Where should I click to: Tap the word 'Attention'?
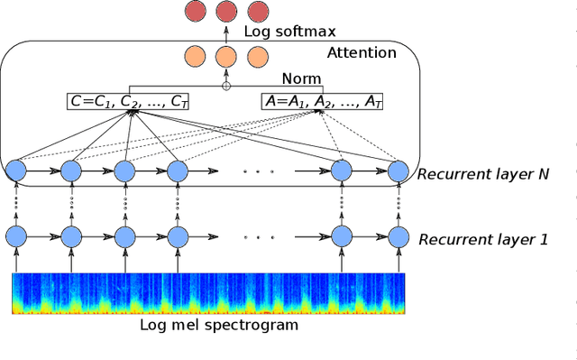361,53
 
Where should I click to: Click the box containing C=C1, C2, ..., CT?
131,101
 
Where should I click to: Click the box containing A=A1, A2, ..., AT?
323,101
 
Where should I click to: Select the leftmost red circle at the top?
194,12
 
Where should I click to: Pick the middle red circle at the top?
226,12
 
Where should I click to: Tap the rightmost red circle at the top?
258,12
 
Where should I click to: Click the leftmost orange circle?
194,55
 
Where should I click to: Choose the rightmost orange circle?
258,55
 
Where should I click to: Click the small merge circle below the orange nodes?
226,87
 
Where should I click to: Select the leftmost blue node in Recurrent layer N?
15,171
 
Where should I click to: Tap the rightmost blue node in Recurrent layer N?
398,171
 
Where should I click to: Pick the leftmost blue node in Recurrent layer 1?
15,237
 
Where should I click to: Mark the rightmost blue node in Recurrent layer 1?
398,237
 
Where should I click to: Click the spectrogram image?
208,293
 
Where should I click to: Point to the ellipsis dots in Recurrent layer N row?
258,171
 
